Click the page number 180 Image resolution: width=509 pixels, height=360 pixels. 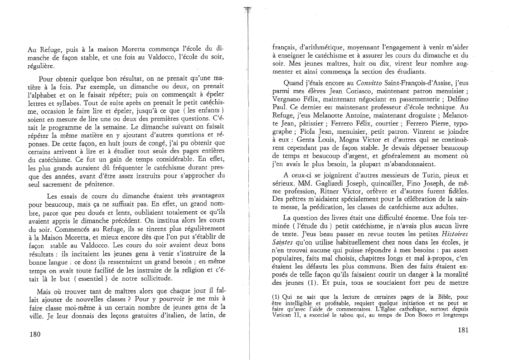tap(35, 335)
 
